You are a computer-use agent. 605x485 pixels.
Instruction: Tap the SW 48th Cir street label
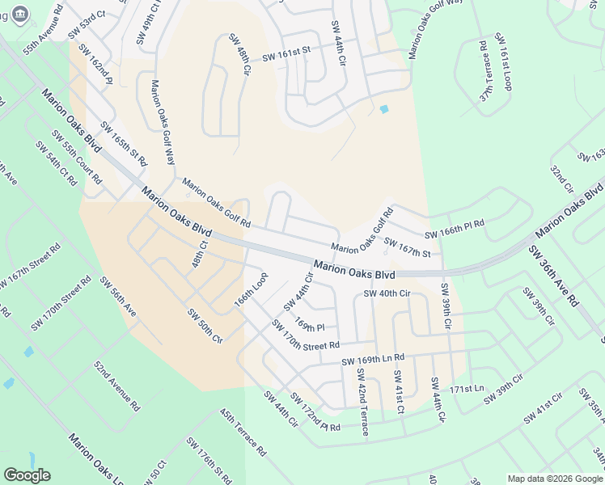239,55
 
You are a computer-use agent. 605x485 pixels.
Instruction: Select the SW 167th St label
407,247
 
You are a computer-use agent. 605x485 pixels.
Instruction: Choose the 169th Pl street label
309,326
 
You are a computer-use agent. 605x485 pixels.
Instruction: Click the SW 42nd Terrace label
362,402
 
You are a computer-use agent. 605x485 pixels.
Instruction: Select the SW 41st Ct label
399,392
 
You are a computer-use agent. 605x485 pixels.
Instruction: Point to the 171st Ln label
466,390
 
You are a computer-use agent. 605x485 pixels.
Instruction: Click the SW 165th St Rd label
124,143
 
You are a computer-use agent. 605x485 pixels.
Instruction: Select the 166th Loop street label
251,289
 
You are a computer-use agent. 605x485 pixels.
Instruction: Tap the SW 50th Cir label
205,325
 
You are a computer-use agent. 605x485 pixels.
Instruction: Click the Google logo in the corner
27,475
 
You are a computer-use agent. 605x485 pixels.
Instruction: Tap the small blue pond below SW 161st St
383,109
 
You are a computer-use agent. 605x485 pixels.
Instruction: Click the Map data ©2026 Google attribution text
555,478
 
